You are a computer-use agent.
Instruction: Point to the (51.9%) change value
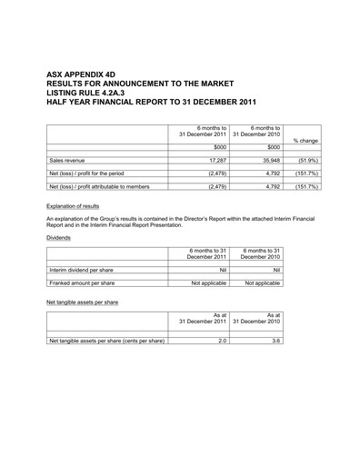[306, 159]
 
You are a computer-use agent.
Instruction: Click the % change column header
[305, 141]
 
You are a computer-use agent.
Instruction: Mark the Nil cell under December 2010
[274, 269]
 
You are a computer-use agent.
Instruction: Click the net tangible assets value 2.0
[221, 341]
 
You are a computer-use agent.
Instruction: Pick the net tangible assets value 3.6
[275, 341]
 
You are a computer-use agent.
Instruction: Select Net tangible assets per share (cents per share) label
[106, 341]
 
